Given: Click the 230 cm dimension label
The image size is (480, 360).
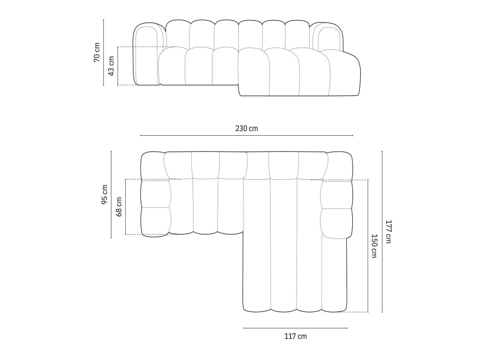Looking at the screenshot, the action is [246, 129].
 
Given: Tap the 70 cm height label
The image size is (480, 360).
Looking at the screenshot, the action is [96, 52].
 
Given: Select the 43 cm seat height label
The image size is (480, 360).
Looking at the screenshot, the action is [111, 66].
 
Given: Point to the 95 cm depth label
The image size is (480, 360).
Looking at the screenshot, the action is [104, 194].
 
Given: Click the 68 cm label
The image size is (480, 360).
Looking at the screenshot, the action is [119, 207].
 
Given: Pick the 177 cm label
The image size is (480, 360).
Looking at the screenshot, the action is [388, 232].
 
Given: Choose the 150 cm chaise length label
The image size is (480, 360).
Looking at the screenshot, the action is [374, 246].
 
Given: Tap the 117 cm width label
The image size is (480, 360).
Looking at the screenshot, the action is [295, 342].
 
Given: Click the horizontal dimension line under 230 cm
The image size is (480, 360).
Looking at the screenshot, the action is [246, 136].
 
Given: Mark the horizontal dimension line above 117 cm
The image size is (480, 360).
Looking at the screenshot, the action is [296, 334].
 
